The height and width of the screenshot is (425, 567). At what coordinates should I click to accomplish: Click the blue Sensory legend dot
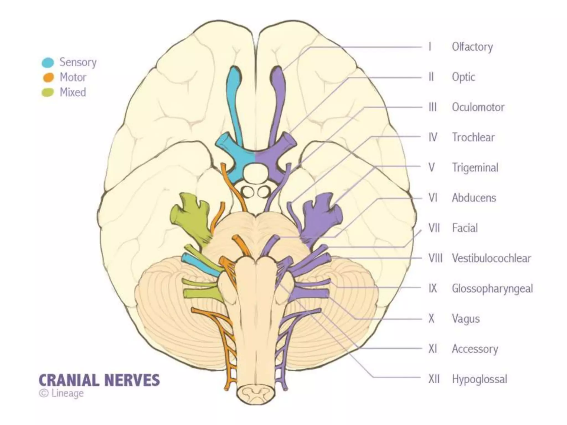point(48,63)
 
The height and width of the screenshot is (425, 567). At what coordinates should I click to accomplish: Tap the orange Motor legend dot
point(48,77)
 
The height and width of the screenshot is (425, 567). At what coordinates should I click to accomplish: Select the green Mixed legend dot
point(48,92)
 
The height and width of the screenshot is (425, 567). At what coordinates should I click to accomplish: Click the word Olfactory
point(472,47)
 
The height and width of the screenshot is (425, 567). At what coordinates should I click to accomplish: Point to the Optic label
point(463,77)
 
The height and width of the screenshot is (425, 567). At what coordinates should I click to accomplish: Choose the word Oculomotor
point(478,107)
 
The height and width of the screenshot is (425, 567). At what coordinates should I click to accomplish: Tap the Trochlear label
point(473,137)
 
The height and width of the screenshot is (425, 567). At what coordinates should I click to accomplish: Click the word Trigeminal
point(475,167)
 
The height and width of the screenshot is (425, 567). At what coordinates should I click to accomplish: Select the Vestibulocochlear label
point(491,258)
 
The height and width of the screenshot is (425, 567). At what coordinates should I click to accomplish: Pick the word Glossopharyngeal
point(492,288)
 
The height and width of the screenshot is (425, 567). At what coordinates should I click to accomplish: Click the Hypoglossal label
point(480,379)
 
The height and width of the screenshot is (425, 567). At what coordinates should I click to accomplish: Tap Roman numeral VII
point(434,228)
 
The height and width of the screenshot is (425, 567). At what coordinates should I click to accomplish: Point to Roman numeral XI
point(432,349)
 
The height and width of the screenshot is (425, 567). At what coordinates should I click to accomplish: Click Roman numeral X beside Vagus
point(431,319)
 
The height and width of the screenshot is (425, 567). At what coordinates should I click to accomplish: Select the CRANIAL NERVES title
point(99,380)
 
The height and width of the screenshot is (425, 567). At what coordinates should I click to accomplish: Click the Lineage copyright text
point(61,393)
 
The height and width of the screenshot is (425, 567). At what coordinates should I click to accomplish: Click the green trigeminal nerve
point(192,219)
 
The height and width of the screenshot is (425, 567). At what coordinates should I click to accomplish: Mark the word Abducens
point(474,198)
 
